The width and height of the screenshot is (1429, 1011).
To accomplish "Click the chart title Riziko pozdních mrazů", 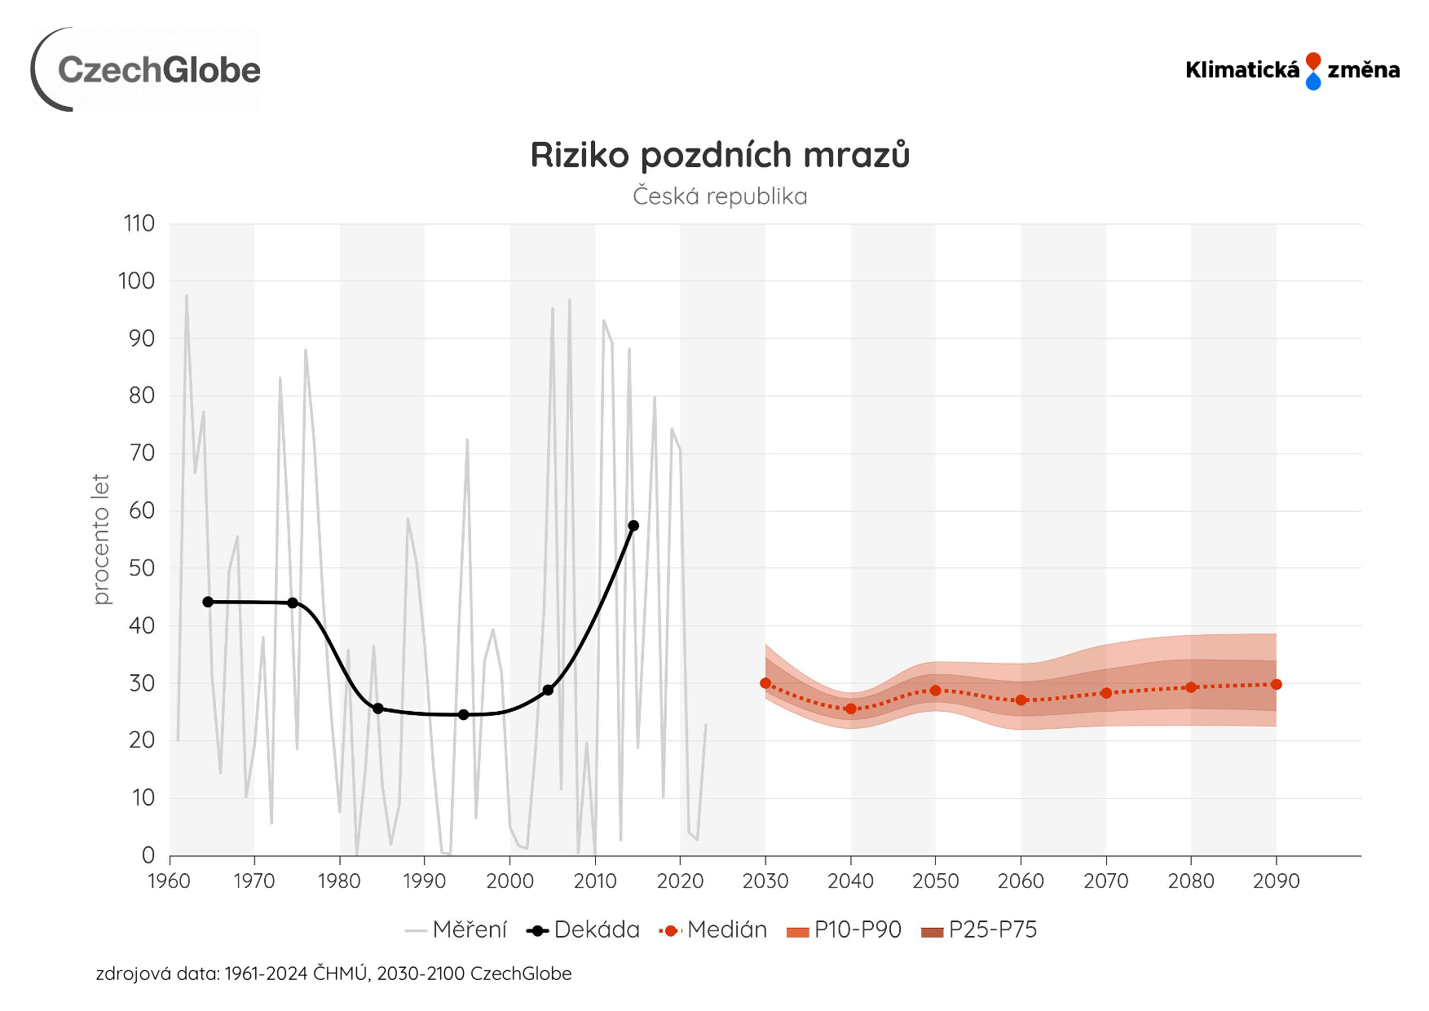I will point(720,155).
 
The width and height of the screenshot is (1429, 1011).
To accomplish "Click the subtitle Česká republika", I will point(720,196).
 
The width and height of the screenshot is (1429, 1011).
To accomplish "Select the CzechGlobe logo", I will point(147,69).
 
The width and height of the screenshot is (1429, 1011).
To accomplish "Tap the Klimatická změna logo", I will point(1292,70).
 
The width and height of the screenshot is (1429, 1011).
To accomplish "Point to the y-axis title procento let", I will point(101,539).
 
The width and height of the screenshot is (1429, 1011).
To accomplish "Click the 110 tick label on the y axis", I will point(139,223).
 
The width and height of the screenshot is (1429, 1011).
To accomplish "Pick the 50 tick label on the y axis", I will point(141,568).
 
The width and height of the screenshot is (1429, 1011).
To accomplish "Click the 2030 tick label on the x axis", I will point(765,881).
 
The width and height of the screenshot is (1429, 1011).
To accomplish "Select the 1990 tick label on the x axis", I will point(425,881).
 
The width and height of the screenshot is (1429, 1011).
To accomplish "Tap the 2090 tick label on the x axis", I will point(1277,881).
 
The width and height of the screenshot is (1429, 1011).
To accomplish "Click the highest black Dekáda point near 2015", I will point(633,526).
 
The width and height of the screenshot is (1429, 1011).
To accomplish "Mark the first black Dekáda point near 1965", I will point(208,602).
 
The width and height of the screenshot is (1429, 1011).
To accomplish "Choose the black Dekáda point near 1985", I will point(378,709).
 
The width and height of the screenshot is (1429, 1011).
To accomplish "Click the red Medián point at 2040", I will point(851,709).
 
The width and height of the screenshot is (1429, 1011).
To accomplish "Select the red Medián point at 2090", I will point(1277,684).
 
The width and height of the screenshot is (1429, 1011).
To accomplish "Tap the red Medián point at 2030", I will point(765,683).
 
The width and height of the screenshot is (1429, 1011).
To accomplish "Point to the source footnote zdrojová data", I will point(333,973).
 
